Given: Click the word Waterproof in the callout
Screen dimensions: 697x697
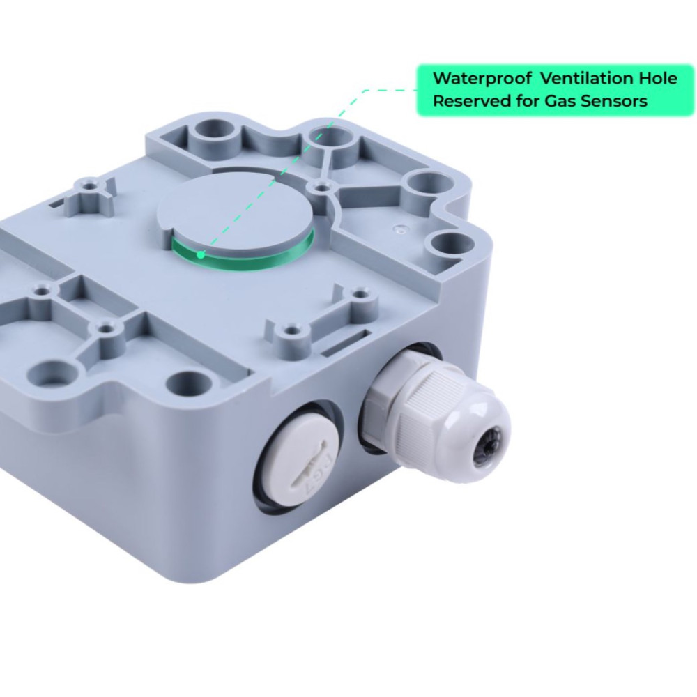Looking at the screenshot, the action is click(482, 79).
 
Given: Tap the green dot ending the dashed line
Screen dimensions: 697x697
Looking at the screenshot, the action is click(201, 254).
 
